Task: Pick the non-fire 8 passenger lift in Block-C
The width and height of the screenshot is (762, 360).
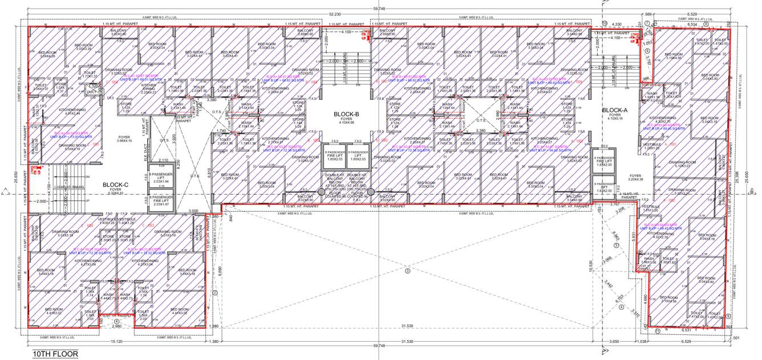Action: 159,178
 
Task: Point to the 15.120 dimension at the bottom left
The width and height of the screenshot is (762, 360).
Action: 116,341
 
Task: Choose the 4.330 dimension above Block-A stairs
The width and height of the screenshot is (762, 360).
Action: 616,24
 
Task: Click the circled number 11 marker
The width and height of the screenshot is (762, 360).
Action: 657,330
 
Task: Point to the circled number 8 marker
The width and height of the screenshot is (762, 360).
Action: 706,25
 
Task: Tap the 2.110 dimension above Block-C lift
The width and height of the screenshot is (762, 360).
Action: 163,160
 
